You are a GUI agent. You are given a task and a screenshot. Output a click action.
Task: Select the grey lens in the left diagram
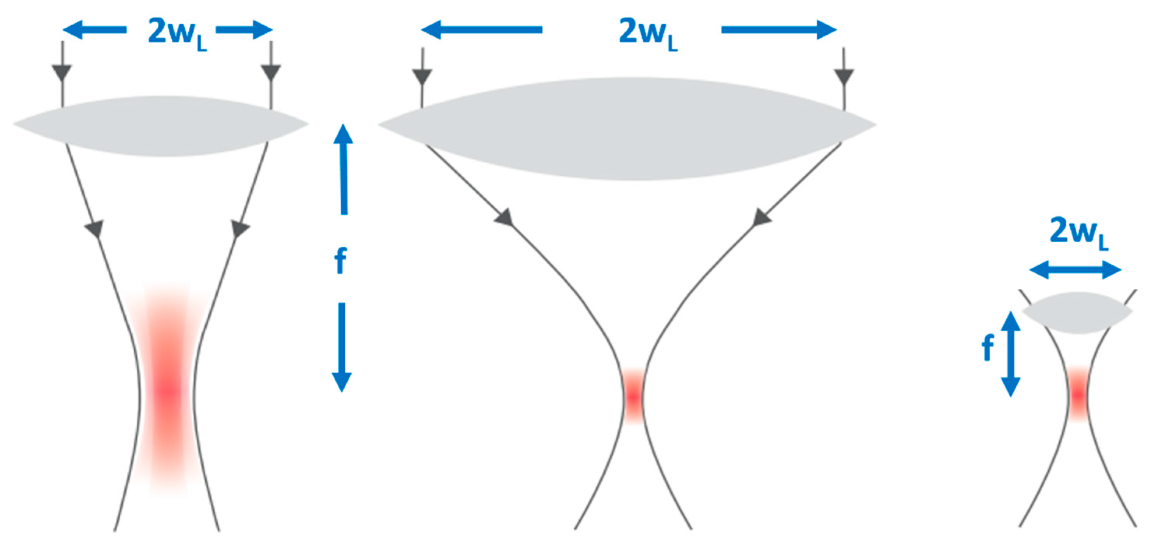[x=161, y=126]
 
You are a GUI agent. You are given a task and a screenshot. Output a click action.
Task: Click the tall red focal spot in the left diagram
[x=168, y=389]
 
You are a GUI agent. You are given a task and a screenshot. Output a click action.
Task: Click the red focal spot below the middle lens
[x=633, y=395]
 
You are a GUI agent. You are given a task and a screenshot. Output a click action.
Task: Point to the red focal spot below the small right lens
[x=1079, y=394]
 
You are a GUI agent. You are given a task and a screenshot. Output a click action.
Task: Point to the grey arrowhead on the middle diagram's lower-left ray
[x=504, y=217]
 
